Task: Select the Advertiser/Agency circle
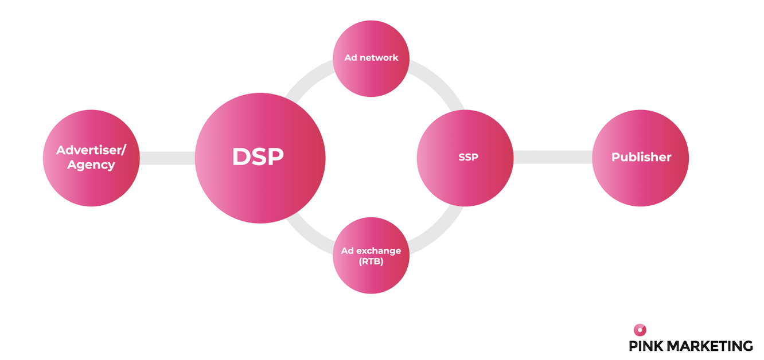91,157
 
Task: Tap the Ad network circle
371,58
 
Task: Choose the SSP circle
465,157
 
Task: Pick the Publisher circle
640,157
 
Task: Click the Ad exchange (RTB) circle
371,256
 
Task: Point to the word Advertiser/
91,150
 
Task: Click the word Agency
91,165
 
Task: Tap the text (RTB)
371,262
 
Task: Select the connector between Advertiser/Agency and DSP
167,158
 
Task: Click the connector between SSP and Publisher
552,157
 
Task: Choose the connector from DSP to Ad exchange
307,229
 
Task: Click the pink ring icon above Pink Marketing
640,330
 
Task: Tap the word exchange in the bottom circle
378,251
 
